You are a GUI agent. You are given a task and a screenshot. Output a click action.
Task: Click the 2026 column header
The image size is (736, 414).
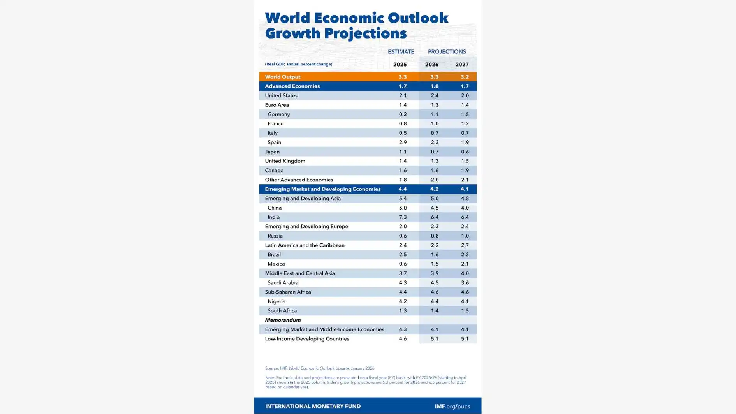pos(431,65)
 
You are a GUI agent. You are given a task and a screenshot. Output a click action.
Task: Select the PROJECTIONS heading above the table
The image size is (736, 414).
pos(447,52)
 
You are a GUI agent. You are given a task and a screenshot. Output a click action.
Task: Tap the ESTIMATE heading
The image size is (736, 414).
pos(401,52)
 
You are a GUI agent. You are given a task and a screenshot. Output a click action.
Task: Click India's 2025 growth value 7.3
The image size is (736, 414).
pos(403,217)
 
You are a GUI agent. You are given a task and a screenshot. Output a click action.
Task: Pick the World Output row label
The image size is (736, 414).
pos(282,77)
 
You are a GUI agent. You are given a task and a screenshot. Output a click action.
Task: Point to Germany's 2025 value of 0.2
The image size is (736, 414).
pos(403,114)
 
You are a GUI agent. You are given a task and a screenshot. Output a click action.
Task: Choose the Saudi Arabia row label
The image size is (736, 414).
pos(283,282)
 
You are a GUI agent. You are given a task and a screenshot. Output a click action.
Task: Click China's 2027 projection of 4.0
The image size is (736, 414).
pos(465,208)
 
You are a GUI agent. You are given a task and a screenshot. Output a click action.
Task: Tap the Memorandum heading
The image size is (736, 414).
pos(283,320)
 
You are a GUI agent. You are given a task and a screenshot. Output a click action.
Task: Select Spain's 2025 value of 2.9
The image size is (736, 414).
pos(403,142)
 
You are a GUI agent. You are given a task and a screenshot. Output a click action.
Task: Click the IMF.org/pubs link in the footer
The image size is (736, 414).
pos(452,406)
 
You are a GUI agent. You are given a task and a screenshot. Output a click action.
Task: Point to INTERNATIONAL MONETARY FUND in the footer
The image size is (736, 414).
pos(313,406)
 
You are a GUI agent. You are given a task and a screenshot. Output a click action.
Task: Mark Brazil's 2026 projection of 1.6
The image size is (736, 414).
pos(434,254)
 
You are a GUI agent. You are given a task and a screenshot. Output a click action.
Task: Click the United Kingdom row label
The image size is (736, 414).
pos(285,161)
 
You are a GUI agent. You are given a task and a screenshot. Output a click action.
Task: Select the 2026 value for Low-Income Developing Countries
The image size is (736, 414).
pos(434,338)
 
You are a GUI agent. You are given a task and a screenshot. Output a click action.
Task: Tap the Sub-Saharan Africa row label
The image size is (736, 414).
pos(288,292)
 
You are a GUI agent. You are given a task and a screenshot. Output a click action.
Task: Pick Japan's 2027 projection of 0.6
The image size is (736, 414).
pos(465,152)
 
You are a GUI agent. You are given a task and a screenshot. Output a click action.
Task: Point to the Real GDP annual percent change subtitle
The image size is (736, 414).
pos(298,64)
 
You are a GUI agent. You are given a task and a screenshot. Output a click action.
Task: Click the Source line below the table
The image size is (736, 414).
pos(319,368)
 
